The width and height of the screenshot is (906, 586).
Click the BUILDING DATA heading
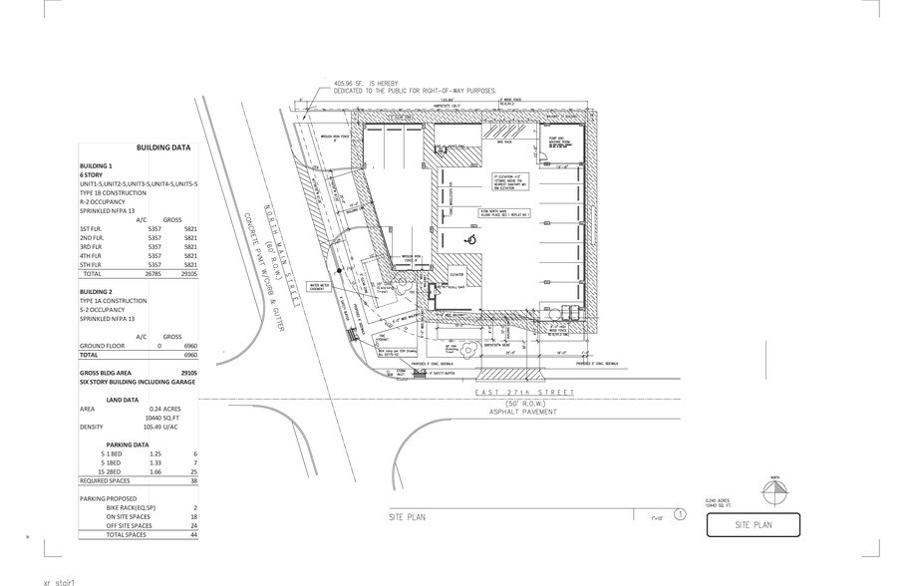tap(163, 146)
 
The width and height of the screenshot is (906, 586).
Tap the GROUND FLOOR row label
tap(104, 345)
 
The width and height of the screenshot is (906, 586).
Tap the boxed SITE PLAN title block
tap(754, 524)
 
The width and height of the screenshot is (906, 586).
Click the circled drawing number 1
tap(680, 515)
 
